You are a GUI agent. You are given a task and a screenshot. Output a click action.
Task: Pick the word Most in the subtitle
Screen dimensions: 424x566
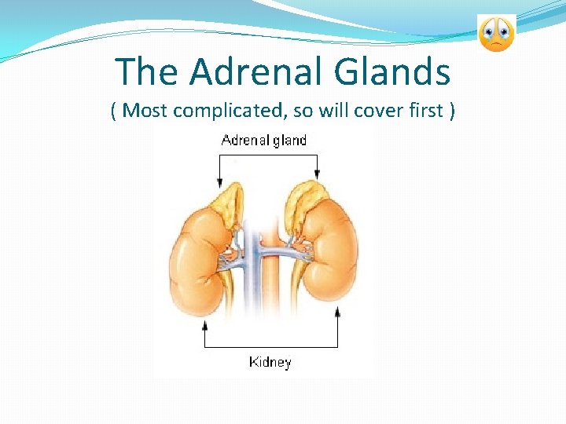[x=146, y=110]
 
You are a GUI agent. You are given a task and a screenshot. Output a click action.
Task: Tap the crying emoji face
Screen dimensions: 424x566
[x=496, y=33]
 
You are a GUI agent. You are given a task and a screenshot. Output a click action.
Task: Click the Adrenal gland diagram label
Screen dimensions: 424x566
[x=264, y=141]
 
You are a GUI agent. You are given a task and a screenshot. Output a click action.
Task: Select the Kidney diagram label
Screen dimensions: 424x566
[x=270, y=362]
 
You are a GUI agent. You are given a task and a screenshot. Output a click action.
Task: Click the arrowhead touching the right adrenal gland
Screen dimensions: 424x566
[x=317, y=178]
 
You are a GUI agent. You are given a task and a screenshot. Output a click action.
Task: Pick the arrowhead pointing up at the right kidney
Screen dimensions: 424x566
[x=337, y=312]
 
